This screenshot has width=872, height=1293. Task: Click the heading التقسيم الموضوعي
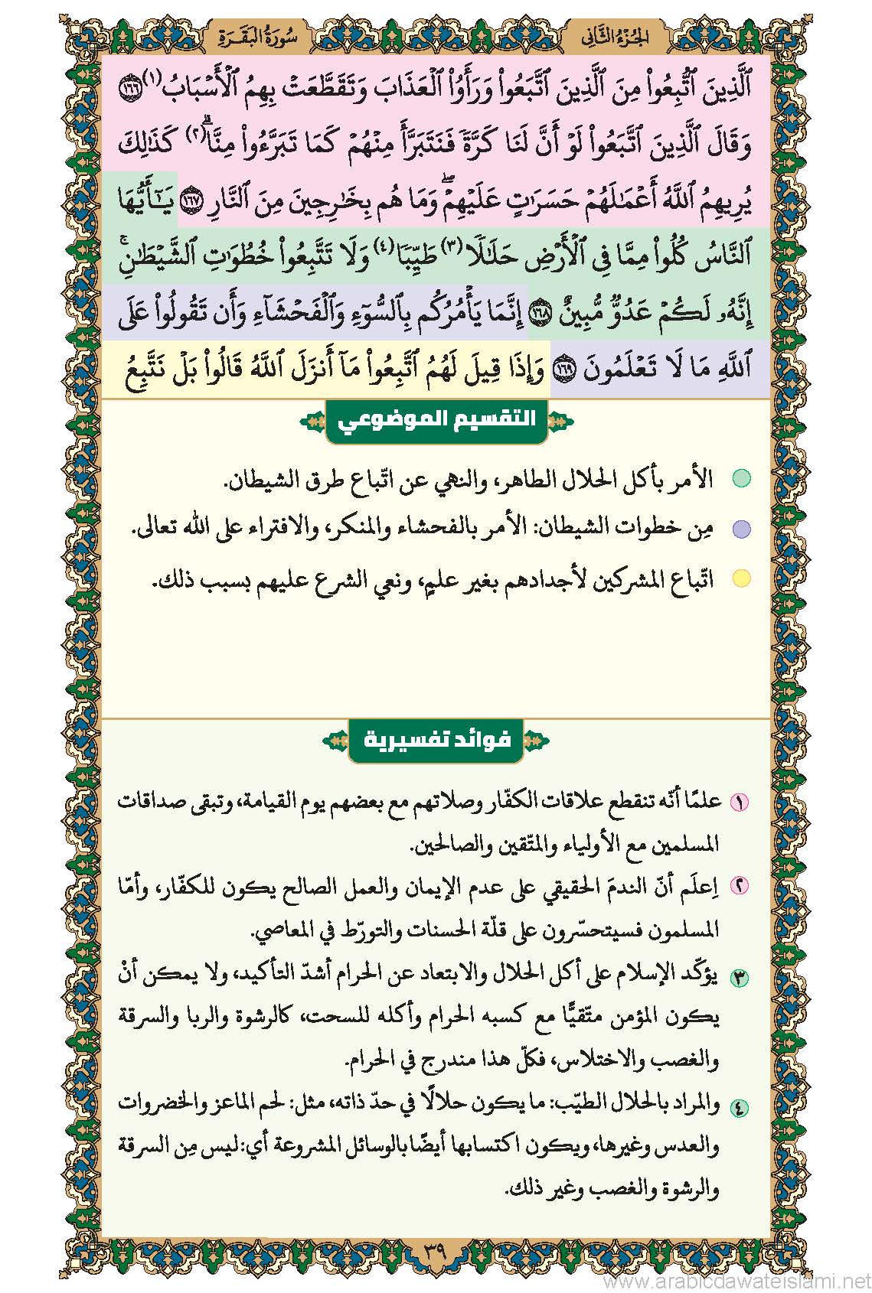436,421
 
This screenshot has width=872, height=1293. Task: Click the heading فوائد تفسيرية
436,740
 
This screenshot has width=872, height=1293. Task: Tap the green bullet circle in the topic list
741,480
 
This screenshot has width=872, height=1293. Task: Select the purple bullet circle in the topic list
741,529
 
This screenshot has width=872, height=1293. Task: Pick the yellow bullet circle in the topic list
741,578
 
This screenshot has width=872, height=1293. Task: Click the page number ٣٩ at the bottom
435,1254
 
